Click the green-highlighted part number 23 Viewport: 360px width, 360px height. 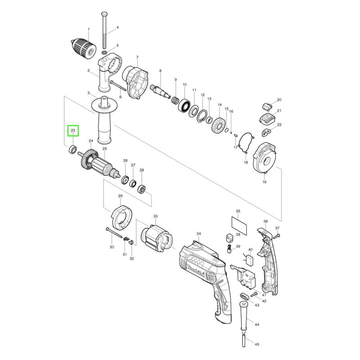(x=73, y=130)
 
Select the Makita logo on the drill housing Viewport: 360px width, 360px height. (x=196, y=272)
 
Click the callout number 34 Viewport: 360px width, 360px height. (x=198, y=234)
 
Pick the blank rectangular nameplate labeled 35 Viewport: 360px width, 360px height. (x=239, y=225)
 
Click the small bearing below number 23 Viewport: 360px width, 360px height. (x=73, y=149)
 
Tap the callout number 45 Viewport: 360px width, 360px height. (x=257, y=344)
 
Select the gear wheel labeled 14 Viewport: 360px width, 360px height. (x=218, y=125)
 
